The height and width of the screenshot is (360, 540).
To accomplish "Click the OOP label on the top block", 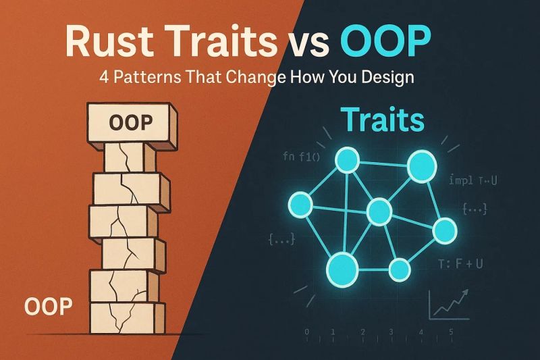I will tap(130, 123).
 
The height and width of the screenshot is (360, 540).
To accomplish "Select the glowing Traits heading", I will tap(382, 120).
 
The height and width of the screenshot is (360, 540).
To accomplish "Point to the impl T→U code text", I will tap(473, 180).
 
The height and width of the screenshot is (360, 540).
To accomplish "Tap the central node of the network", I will tap(378, 210).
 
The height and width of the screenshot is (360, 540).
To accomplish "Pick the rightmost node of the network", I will tap(445, 231).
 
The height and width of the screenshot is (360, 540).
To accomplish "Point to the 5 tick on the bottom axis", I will tap(450, 332).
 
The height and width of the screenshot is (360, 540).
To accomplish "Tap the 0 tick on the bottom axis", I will tap(308, 332).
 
